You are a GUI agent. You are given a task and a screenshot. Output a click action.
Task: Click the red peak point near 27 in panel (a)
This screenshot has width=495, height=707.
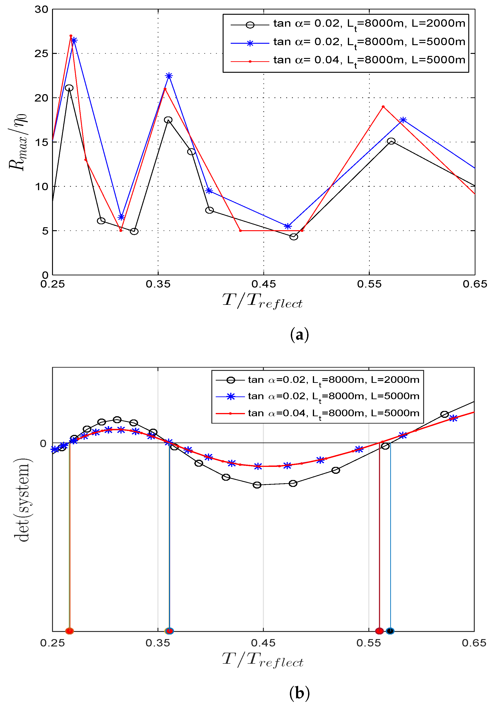71,36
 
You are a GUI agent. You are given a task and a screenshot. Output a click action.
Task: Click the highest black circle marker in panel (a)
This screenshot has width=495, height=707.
69,88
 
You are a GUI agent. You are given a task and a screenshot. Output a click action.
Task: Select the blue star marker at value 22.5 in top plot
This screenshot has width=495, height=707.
169,76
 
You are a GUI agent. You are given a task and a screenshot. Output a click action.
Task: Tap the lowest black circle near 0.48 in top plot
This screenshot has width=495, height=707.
294,237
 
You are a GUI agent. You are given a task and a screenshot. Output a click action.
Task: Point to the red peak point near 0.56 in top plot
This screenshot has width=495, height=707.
383,107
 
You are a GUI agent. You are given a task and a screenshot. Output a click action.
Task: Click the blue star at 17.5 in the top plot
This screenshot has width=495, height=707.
403,120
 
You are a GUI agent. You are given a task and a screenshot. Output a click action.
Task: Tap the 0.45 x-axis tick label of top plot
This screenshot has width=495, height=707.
264,284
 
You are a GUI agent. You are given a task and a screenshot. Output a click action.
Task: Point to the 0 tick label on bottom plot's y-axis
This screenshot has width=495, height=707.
43,443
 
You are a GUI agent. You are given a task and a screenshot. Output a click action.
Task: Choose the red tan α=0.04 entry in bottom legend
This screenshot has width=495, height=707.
317,413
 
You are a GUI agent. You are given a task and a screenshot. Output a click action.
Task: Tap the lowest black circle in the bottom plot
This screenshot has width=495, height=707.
257,485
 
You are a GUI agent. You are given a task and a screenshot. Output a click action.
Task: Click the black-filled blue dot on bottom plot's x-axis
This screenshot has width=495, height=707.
390,631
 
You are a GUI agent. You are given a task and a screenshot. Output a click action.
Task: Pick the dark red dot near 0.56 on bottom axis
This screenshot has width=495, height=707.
379,631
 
